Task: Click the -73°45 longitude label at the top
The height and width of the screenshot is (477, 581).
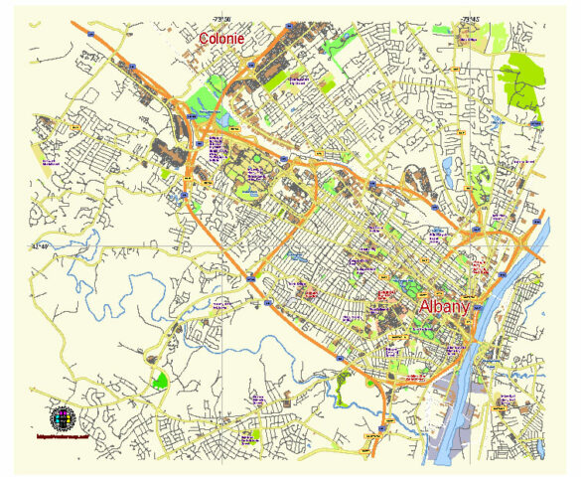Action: [x=470, y=18]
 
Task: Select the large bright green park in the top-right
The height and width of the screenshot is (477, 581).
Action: [x=521, y=79]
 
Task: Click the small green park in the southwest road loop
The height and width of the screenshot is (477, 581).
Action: [x=159, y=379]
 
